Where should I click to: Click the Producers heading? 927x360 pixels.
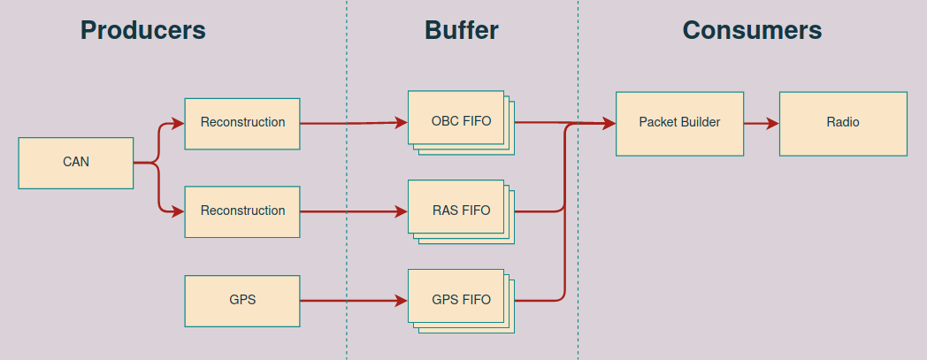click(x=142, y=30)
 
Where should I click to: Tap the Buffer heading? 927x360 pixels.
click(x=462, y=30)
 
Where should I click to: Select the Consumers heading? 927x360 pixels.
click(x=752, y=30)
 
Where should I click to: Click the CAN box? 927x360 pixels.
click(x=76, y=163)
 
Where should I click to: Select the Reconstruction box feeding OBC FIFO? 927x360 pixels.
click(x=242, y=123)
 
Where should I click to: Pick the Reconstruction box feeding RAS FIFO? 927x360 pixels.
click(x=242, y=211)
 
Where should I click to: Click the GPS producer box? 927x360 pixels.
click(x=242, y=300)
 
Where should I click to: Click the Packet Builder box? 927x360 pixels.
click(x=679, y=123)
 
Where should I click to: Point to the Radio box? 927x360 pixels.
click(x=842, y=123)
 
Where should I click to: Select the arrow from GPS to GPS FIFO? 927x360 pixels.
click(x=354, y=301)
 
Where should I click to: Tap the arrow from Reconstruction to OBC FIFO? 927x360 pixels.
click(x=354, y=124)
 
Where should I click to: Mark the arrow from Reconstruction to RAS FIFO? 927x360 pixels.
click(x=354, y=212)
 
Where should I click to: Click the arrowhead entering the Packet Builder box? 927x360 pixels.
click(x=609, y=124)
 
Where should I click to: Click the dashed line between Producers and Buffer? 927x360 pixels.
click(x=347, y=248)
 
